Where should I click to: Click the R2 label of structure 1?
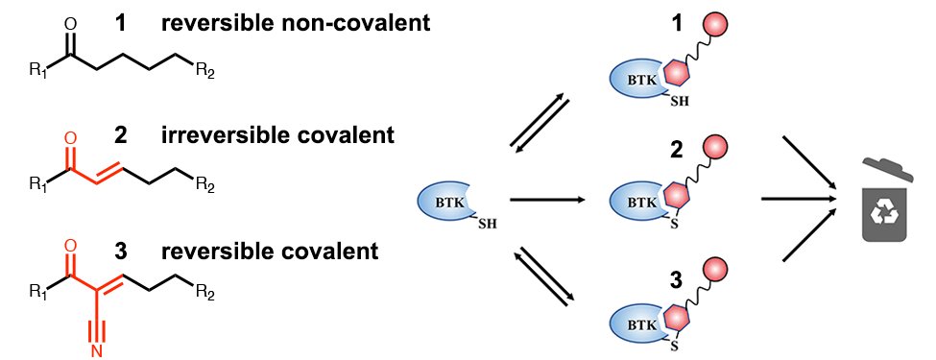[x=204, y=70]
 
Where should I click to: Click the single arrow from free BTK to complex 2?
[x=547, y=200]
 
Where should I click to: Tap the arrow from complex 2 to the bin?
[x=794, y=200]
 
